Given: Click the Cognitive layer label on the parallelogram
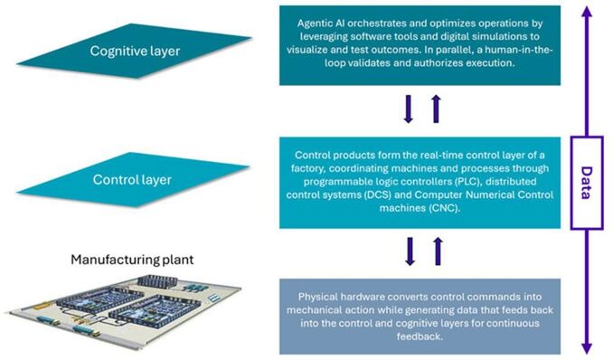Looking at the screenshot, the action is pos(135,51).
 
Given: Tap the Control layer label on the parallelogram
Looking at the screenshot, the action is pos(132,180).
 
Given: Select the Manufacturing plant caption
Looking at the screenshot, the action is pos(132,260).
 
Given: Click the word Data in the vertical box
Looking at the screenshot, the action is pos(586,183).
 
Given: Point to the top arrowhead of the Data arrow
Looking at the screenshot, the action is pos(586,11).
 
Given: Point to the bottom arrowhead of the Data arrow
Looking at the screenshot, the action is pos(587,348).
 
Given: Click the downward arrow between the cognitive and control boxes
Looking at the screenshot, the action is pos(409,109).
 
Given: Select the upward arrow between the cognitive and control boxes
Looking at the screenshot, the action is pos(437,109).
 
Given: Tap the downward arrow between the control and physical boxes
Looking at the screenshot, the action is pos(410,251).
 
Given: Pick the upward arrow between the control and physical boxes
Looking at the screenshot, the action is pos(439,251).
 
